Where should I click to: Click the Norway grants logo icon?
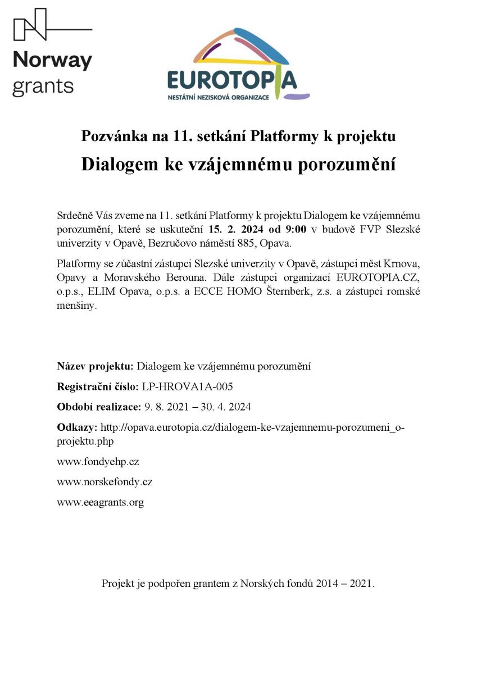30,24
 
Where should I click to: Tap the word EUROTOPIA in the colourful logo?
231,80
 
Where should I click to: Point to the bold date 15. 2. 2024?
234,229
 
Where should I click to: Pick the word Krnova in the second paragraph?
404,263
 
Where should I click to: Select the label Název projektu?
96,366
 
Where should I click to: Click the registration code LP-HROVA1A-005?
187,387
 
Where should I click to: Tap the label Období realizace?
99,407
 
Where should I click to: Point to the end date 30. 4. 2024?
225,407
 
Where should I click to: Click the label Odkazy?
77,427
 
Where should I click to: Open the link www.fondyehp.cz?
98,462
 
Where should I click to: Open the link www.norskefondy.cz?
105,482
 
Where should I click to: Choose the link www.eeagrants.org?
100,503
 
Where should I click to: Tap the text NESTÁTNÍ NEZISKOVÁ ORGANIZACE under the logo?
219,97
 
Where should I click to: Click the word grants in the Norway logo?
43,86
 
